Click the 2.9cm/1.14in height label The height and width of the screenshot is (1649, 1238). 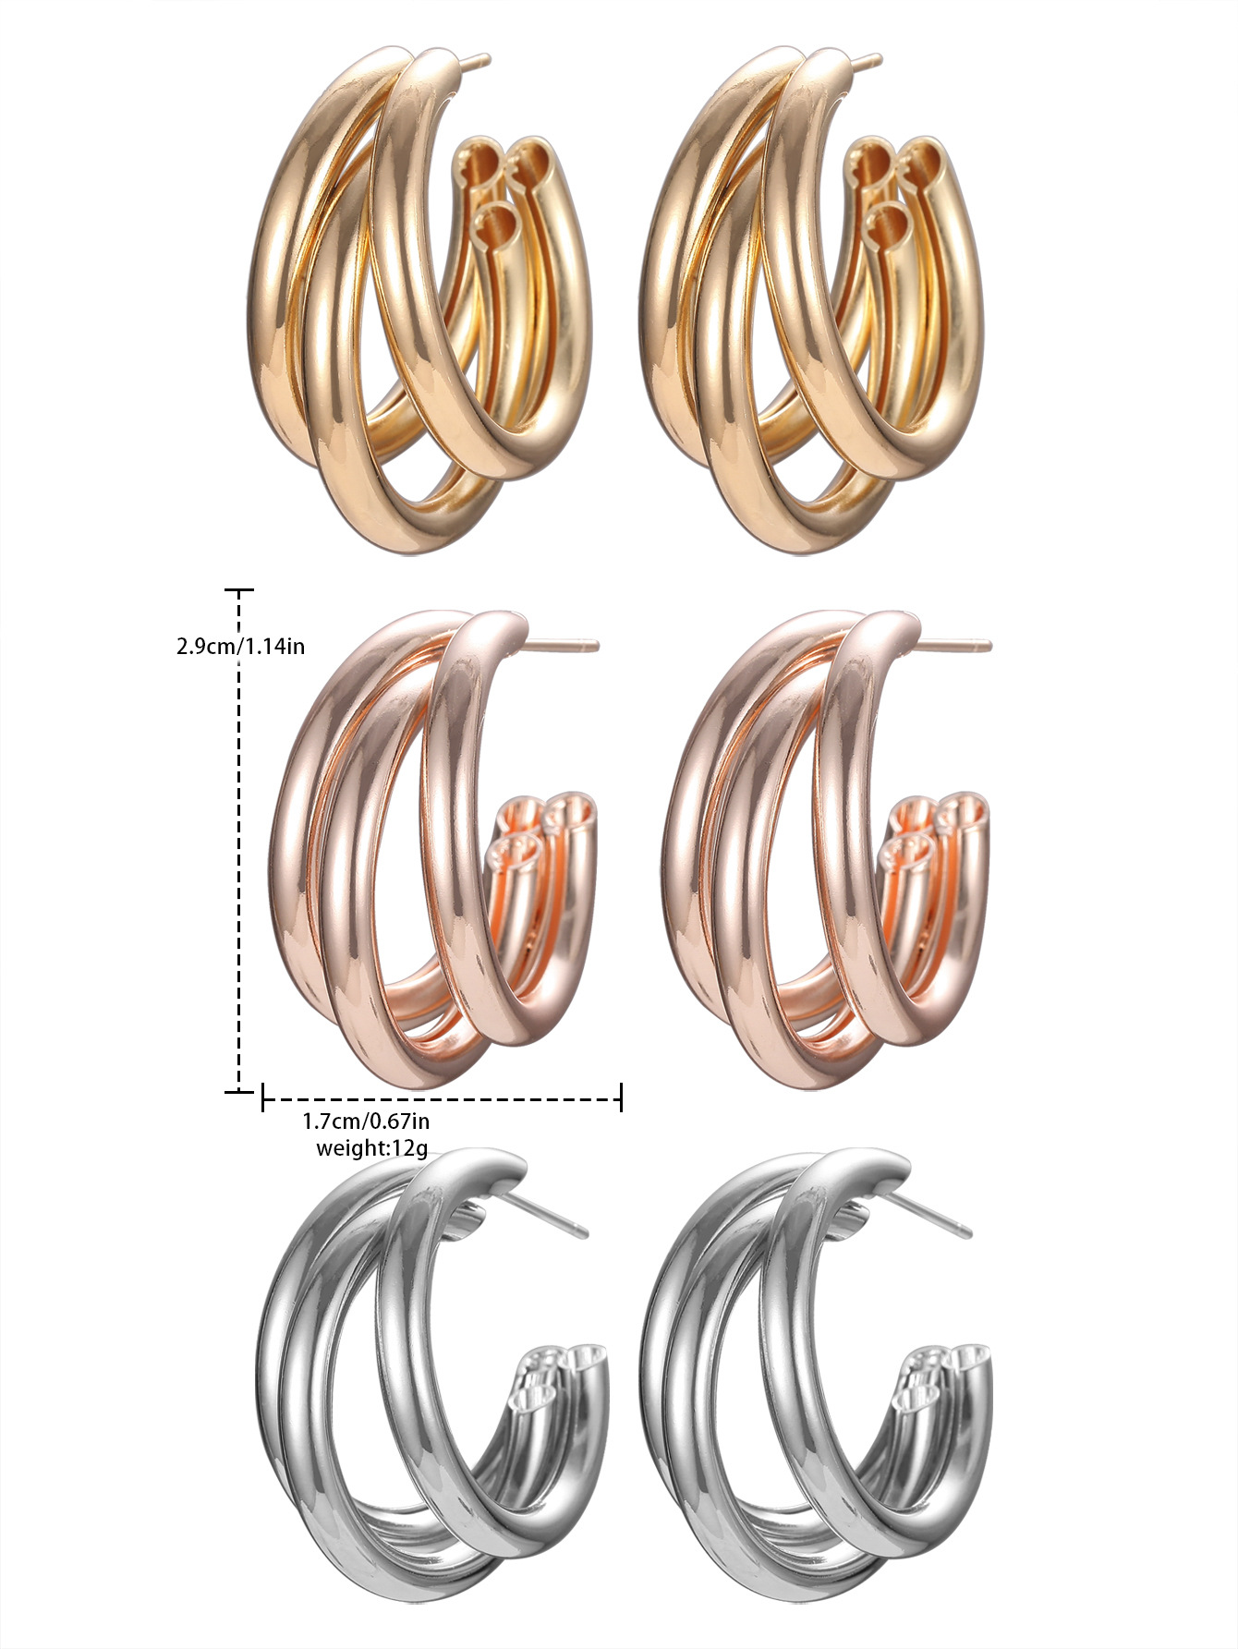tap(240, 645)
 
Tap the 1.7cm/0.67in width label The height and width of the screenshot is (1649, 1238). tap(366, 1122)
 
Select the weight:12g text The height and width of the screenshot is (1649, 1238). tap(371, 1148)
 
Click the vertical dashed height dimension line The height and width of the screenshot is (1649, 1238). tap(239, 841)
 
